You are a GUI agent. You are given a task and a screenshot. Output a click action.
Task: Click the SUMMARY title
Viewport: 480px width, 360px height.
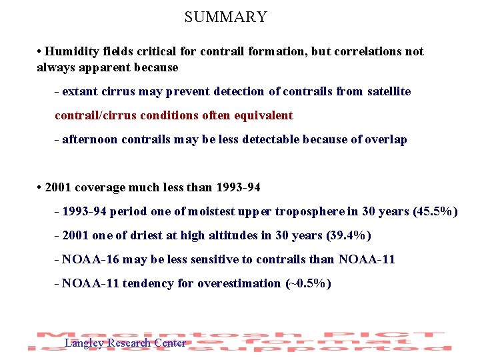click(225, 17)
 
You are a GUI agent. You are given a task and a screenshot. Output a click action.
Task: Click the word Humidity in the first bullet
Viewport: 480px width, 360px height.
click(72, 51)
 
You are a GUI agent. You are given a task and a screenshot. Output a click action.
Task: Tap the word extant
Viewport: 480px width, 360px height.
click(80, 91)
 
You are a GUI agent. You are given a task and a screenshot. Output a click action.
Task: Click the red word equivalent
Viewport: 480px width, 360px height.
click(265, 115)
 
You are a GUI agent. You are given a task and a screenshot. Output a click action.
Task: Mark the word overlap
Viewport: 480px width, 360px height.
click(386, 139)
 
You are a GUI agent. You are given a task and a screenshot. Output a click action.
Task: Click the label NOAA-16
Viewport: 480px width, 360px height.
click(89, 259)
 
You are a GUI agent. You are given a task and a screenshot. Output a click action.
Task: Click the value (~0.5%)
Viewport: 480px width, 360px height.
click(307, 283)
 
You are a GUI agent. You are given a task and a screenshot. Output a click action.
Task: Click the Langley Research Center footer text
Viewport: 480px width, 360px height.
click(125, 343)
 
